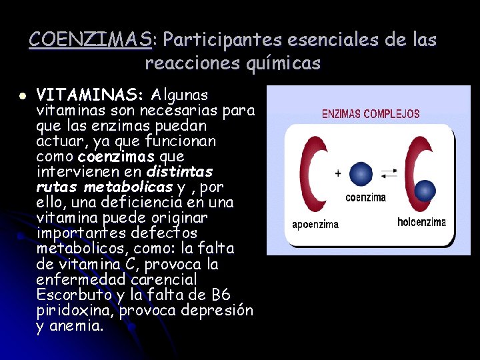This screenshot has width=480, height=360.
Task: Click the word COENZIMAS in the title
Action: coord(91,40)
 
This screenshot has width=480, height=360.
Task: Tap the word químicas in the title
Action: coord(288,64)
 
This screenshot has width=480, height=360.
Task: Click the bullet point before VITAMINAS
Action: coord(22,95)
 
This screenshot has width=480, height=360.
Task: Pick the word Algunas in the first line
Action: coord(180,94)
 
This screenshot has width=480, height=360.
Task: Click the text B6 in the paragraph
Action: coord(217,294)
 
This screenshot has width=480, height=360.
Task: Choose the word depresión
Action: coord(219,310)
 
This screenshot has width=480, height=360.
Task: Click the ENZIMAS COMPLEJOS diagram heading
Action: coord(371,113)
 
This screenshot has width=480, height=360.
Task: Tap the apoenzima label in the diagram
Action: coord(315,225)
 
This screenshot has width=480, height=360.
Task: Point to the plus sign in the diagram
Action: coord(338,173)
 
